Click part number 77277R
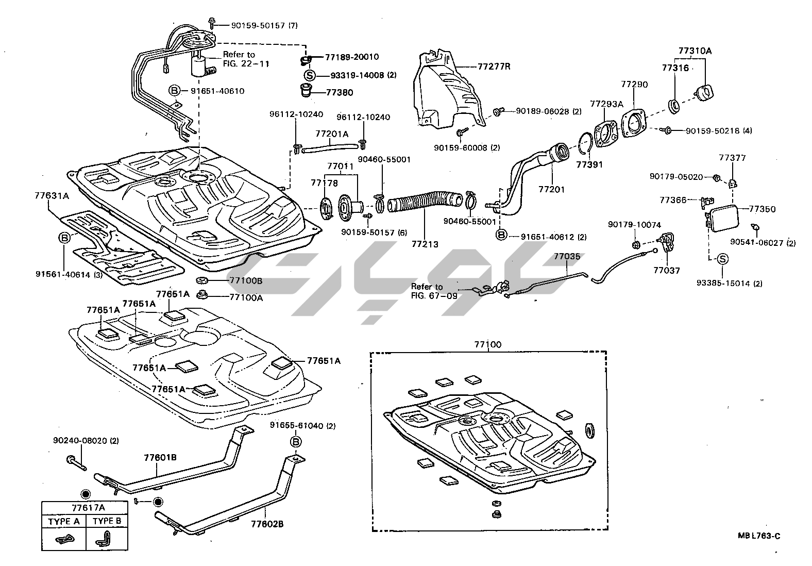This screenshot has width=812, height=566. click(x=494, y=66)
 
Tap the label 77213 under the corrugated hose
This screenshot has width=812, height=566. click(x=425, y=244)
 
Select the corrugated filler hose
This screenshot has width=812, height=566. click(x=425, y=203)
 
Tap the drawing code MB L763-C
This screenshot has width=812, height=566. click(x=759, y=536)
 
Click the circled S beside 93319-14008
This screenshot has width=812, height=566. click(x=310, y=75)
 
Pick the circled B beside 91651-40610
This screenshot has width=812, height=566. click(x=174, y=91)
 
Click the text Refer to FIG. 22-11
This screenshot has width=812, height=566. click(x=246, y=59)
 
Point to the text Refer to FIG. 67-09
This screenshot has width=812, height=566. click(x=434, y=291)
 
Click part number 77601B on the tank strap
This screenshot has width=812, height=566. click(x=160, y=458)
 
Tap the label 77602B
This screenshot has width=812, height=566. click(x=267, y=524)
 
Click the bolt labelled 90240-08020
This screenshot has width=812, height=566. click(x=76, y=463)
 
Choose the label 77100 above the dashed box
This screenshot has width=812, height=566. click(x=488, y=344)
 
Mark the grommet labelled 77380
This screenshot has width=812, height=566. click(x=307, y=90)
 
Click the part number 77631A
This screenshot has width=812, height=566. click(x=52, y=196)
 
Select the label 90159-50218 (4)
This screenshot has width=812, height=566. click(x=719, y=130)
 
